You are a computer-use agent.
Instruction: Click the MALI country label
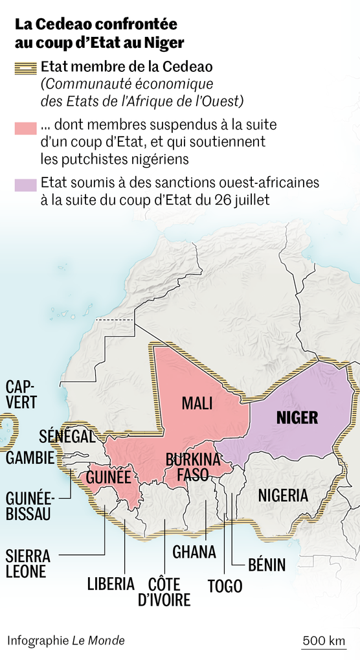(197, 404)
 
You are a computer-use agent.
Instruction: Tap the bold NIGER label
(297, 417)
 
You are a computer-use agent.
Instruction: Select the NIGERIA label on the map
(283, 496)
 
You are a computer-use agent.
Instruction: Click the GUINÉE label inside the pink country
(109, 478)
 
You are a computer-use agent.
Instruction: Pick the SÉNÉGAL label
(67, 436)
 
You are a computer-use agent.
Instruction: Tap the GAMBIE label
(30, 457)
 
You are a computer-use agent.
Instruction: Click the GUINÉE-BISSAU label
(28, 507)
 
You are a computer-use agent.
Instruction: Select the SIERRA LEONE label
(26, 564)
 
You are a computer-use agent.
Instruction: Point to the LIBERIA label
(111, 584)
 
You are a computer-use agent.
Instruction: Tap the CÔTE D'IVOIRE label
(164, 591)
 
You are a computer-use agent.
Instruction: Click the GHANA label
(194, 552)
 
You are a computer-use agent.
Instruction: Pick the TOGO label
(225, 587)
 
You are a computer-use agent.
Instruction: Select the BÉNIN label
(266, 565)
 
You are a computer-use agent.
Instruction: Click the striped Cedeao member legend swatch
(25, 67)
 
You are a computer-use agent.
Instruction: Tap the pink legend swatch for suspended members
(25, 128)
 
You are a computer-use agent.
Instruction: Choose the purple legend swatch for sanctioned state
(25, 184)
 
